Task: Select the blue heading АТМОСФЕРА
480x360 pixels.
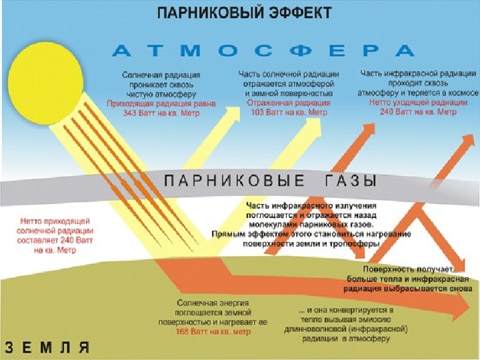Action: click(x=265, y=51)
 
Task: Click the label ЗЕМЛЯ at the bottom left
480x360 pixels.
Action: click(x=47, y=347)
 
